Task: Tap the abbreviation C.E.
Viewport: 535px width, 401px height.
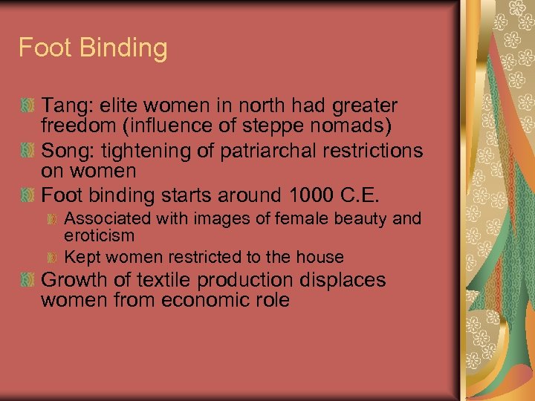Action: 360,196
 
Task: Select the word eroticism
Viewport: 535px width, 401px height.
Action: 100,235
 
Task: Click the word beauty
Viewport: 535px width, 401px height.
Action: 357,219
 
